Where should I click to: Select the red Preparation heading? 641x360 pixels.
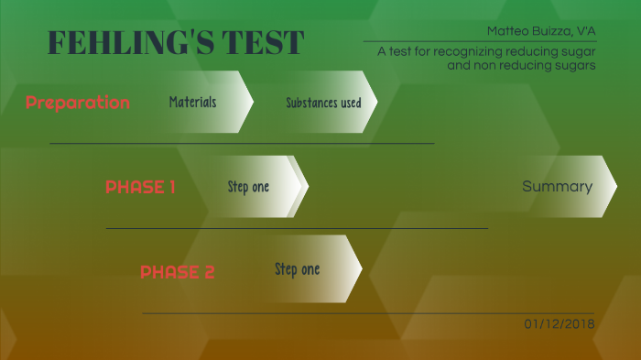pos(78,103)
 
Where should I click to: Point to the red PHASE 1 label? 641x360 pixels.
pos(140,188)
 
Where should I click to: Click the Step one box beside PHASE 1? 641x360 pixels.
pos(249,187)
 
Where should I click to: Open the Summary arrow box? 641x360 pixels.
pos(558,187)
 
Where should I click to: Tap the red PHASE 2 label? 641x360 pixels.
pos(178,272)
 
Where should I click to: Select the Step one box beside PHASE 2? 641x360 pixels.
pos(298,269)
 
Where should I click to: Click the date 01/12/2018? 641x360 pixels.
pos(560,324)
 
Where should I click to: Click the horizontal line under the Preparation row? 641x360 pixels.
pos(242,144)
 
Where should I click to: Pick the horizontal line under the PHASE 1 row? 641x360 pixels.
pos(297,228)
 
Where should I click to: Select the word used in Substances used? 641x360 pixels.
pos(349,103)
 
